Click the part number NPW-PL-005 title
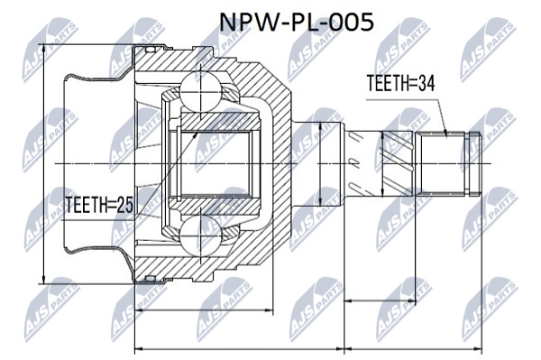pos(297,23)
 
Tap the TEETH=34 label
pos(400,83)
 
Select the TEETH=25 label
pos(99,205)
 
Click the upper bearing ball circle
pos(200,92)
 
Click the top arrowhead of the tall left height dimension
pos(44,49)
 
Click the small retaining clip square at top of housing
pos(150,50)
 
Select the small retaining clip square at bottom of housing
pos(150,278)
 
